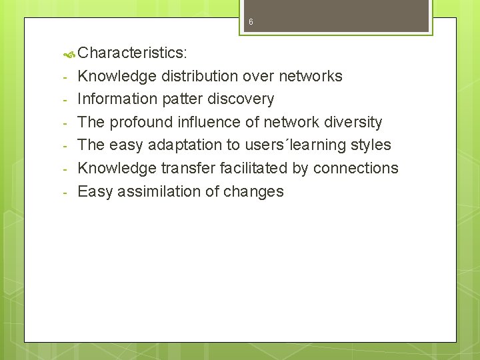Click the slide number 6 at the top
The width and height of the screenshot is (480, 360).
point(251,22)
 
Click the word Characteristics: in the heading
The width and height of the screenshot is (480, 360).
point(132,53)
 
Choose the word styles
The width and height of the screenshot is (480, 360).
point(372,145)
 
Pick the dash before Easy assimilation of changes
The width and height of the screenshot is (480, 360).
point(65,192)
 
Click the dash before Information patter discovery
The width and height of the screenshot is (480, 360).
point(65,100)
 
